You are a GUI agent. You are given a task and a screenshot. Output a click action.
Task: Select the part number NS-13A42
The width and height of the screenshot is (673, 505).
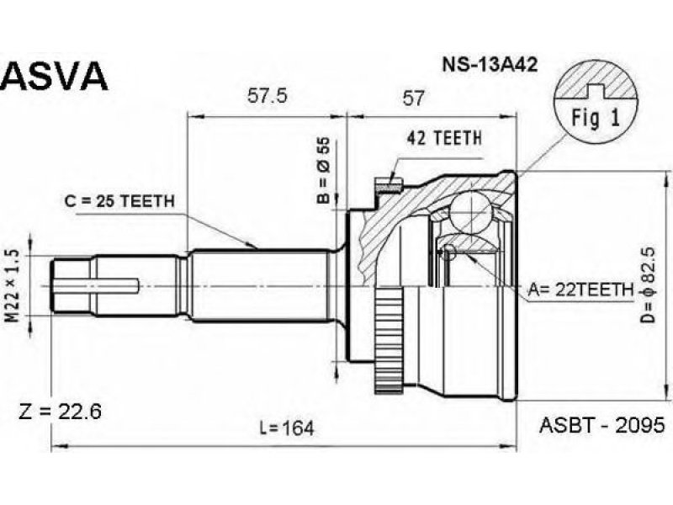(x=490, y=65)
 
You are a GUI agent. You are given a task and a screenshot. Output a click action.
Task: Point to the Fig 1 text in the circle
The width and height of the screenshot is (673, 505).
(x=596, y=118)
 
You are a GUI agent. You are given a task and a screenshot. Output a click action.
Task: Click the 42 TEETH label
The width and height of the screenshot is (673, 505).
(x=444, y=138)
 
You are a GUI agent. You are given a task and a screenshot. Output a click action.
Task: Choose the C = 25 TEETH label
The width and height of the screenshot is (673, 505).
(x=119, y=200)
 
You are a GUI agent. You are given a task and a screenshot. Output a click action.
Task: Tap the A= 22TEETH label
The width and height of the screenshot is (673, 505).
(x=580, y=290)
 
